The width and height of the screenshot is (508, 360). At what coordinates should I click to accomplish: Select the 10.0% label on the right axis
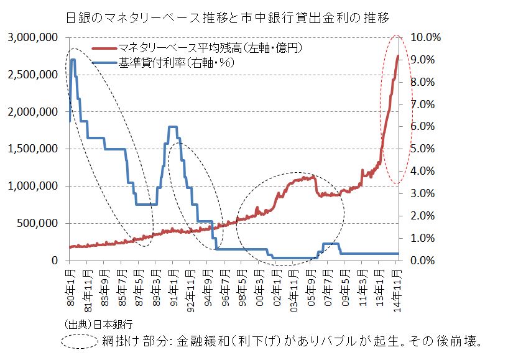click(426, 37)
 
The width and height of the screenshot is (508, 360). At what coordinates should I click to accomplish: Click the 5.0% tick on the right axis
click(423, 149)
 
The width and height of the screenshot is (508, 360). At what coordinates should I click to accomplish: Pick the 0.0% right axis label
click(423, 260)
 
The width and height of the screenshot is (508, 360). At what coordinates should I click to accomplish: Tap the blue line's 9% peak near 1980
click(73, 60)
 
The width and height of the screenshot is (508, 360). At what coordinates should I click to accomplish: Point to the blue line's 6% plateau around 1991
click(173, 127)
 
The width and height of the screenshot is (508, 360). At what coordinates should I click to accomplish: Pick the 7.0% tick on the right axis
click(423, 104)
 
